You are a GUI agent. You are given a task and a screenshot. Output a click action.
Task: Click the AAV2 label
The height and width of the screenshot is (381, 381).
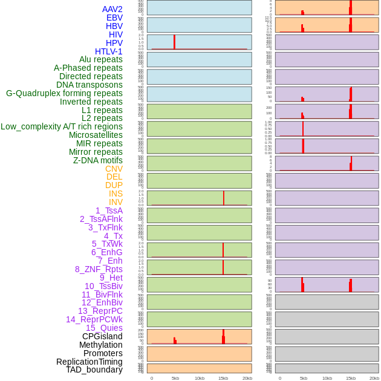pos(112,9)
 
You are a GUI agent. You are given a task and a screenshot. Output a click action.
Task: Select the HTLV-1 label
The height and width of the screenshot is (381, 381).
pos(109,51)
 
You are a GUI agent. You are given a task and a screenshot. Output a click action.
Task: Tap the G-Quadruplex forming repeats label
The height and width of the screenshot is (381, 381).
pos(64,93)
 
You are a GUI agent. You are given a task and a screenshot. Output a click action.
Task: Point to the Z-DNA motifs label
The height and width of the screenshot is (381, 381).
pos(97,160)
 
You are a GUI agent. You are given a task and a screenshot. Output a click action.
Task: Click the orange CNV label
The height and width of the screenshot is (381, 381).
pos(114,169)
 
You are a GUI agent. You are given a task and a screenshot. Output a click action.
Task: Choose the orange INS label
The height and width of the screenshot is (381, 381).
pos(116,194)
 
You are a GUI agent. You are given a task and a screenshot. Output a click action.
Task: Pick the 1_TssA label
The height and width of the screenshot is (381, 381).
pos(109,210)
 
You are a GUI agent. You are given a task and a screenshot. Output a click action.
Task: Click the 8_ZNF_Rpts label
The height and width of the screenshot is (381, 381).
pos(99,269)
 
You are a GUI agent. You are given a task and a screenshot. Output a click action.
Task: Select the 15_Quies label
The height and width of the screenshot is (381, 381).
pos(104,328)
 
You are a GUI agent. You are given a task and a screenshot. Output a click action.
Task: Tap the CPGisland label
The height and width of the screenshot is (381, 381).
pos(102,336)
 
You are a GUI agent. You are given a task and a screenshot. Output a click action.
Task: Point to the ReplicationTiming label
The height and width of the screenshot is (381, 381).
pos(90,362)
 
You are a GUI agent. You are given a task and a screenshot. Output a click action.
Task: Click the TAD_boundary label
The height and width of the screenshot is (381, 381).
pos(94,370)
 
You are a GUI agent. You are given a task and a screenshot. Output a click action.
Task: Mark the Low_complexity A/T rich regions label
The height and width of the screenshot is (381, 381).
pos(62,126)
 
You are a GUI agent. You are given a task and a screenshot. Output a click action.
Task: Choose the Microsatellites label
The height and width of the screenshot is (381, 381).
pos(96,135)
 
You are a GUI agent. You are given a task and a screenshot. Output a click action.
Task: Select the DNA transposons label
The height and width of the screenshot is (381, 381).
pos(90,85)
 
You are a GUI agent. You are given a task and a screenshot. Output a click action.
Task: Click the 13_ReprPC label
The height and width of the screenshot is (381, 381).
pos(100,311)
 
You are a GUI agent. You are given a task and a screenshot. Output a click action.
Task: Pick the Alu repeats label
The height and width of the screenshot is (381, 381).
pos(101,59)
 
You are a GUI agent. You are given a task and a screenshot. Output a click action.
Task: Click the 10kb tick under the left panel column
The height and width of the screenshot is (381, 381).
pos(199,378)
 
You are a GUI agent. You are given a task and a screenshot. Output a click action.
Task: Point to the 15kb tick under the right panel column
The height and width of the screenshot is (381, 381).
pos(351,378)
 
